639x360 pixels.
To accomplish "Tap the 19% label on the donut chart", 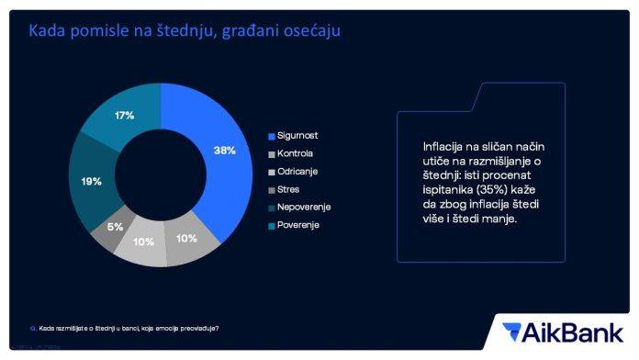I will (91, 182).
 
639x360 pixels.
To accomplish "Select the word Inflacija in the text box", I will (443, 147).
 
